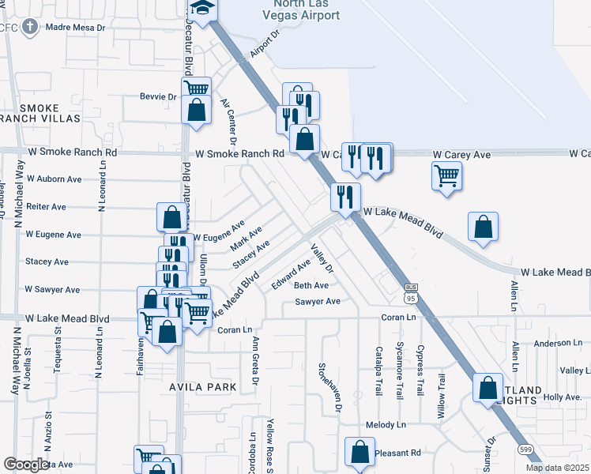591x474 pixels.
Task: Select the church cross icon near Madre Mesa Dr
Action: [x=29, y=28]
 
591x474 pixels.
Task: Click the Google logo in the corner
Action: [x=25, y=465]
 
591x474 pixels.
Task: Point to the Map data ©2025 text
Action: [x=557, y=468]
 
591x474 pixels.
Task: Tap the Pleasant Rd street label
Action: [x=398, y=453]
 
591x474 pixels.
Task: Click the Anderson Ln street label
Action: [x=557, y=344]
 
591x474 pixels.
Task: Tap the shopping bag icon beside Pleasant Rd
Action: [x=359, y=453]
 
